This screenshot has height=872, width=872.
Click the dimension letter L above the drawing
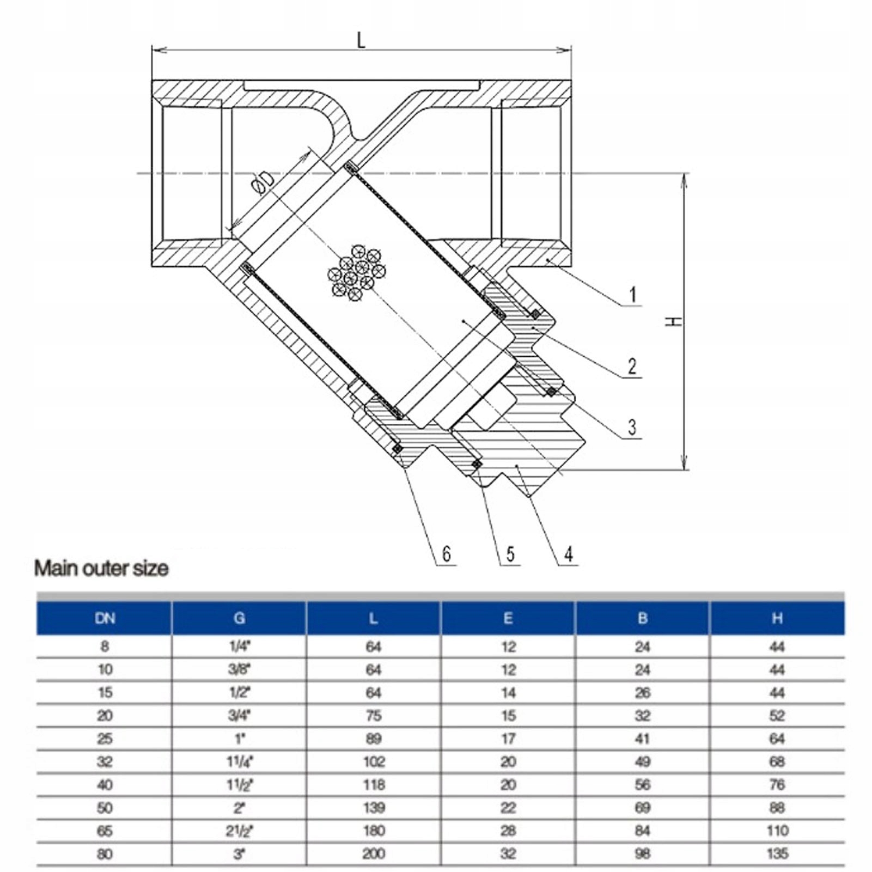[x=361, y=40]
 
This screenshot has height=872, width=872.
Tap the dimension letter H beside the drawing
[x=674, y=321]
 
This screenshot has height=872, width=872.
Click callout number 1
[x=632, y=295]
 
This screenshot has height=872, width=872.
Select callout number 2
[x=632, y=366]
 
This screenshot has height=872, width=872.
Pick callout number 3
[x=632, y=427]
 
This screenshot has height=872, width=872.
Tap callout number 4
[x=569, y=554]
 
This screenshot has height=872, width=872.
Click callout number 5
[x=510, y=554]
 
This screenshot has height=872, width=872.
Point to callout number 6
[x=447, y=554]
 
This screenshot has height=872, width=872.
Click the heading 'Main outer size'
[x=101, y=569]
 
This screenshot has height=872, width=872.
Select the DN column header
[x=105, y=618]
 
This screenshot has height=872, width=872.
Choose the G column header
[x=239, y=618]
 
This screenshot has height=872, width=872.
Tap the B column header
[x=643, y=618]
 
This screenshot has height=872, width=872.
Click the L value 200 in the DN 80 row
[x=374, y=853]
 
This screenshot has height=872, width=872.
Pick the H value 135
[x=777, y=853]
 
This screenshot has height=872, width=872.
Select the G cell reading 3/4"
[x=239, y=716]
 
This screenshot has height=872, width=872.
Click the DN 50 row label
[x=105, y=808]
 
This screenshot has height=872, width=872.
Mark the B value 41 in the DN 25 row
[x=643, y=739]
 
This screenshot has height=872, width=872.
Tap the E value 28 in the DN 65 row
[x=508, y=831]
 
